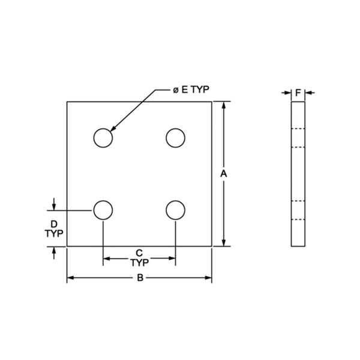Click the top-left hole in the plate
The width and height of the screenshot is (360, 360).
point(103,138)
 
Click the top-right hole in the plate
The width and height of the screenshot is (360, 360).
point(175,138)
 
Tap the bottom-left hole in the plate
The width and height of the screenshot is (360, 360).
point(103,210)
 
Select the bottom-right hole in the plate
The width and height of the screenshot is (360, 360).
point(175,210)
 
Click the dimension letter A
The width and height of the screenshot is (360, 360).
point(223,173)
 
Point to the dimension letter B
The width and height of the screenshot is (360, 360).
point(139,278)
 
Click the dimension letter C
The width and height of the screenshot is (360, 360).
point(139,252)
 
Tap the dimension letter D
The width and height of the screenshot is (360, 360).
point(54,223)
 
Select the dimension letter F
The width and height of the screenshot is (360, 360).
point(298,92)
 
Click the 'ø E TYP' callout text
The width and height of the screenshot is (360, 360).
point(190,90)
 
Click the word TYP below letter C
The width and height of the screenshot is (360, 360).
point(139,262)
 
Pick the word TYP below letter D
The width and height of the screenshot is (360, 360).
point(54,233)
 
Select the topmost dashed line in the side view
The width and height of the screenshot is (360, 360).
point(298,129)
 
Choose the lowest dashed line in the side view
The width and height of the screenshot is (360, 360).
point(298,220)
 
